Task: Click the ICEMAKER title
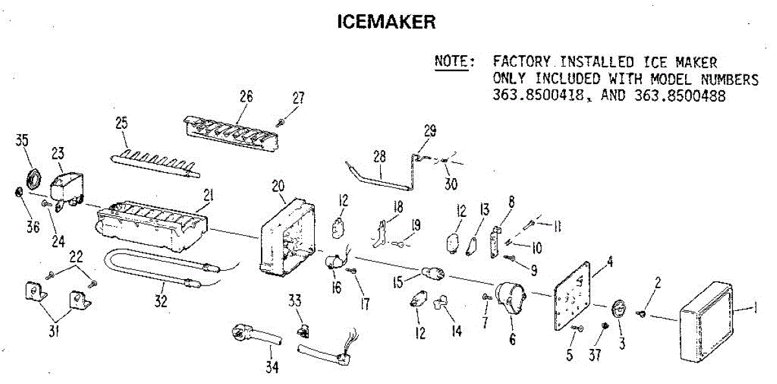tap(387, 21)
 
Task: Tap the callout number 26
tap(245, 97)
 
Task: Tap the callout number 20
tap(278, 185)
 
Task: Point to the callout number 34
tap(272, 367)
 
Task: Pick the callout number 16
tap(336, 288)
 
